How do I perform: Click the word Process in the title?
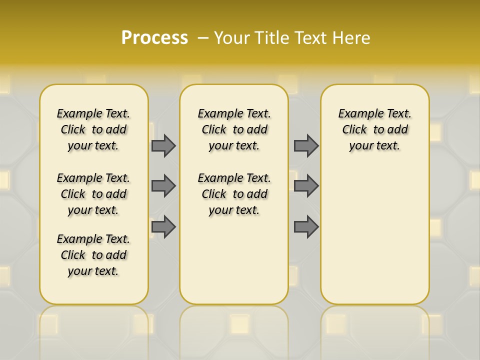click(154, 37)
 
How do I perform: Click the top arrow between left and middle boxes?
click(163, 145)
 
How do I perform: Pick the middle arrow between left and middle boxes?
click(163, 186)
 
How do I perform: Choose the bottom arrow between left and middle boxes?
click(163, 227)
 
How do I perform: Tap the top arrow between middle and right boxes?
click(306, 145)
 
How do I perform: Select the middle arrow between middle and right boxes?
click(306, 186)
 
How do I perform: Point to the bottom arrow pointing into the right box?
click(306, 227)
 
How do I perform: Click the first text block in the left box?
click(93, 129)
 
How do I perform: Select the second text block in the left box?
click(93, 194)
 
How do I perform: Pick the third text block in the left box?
click(93, 255)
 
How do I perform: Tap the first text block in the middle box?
click(234, 129)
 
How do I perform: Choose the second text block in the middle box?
click(234, 194)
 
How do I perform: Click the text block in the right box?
click(375, 129)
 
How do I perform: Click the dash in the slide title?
click(203, 38)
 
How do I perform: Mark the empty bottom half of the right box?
click(375, 240)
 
